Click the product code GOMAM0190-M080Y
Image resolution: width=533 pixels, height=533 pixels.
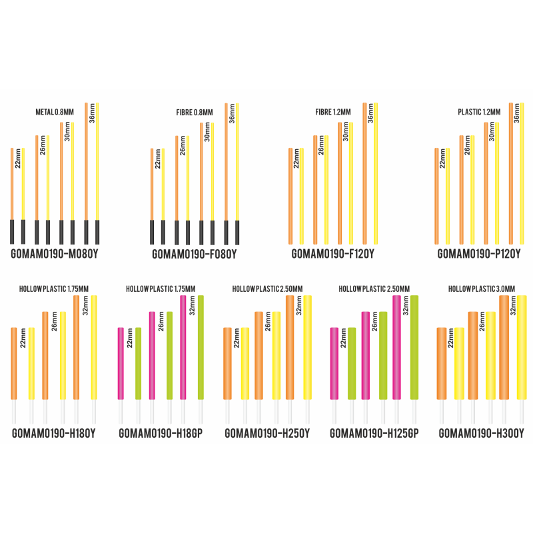point(55,254)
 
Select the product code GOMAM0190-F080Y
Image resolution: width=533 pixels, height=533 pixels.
point(195,254)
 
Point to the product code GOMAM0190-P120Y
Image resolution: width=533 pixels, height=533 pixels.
point(479,254)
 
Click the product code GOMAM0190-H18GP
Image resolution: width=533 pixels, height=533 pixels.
point(161,434)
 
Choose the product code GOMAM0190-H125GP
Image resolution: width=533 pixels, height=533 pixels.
point(374,434)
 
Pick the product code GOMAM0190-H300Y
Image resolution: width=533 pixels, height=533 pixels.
point(481,434)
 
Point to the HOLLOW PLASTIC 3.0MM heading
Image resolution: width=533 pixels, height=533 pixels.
point(481,288)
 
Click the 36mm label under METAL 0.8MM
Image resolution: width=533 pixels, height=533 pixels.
point(92,114)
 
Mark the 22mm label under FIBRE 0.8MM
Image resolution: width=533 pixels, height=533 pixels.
point(157,159)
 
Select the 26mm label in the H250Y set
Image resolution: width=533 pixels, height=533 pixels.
point(268,322)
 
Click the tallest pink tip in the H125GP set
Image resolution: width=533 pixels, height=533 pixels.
point(397,347)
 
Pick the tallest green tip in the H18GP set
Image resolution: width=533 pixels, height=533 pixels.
point(201,347)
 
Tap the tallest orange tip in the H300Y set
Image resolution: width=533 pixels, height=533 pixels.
point(504,347)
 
